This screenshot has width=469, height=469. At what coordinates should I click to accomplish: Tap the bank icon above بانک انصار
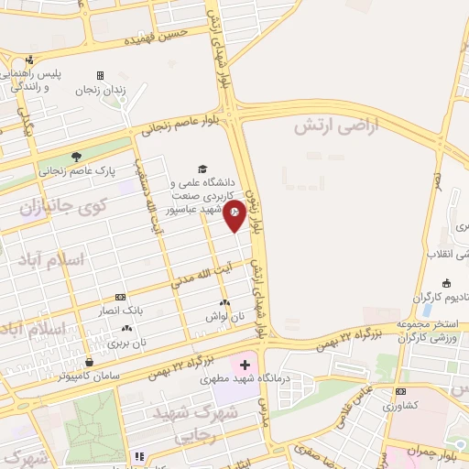[x=120, y=297]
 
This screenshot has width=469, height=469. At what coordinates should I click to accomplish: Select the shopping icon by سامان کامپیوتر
[x=88, y=361]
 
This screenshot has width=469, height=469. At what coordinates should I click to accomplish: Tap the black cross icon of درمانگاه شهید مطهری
[x=245, y=365]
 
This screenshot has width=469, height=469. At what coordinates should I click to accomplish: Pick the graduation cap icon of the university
[x=202, y=169]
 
